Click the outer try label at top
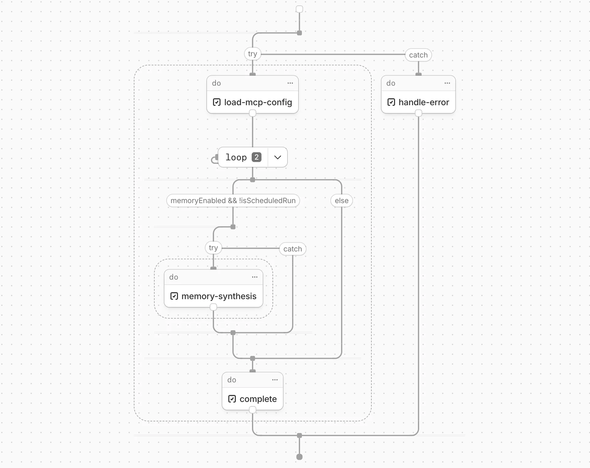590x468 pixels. point(252,54)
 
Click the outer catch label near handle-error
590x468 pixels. point(418,55)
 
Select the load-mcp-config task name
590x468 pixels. point(258,102)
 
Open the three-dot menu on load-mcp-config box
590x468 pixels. point(290,83)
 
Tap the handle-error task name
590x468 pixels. point(423,102)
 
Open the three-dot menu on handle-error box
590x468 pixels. point(447,83)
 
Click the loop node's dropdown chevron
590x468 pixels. point(277,157)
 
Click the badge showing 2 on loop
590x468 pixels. point(257,157)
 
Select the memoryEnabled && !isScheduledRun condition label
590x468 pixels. point(233,201)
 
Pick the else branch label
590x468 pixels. point(341,201)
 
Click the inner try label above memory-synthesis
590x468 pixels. point(213,248)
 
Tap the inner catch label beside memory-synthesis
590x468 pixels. point(292,249)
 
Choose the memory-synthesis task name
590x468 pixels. point(219,296)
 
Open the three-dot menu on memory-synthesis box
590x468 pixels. point(254,277)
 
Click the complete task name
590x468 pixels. point(258,399)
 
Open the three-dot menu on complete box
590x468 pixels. point(275,380)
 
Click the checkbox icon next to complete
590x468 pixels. point(232,399)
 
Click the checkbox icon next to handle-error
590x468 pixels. point(391,102)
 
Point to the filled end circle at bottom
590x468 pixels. point(299,457)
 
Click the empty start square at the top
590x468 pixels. point(299,9)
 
